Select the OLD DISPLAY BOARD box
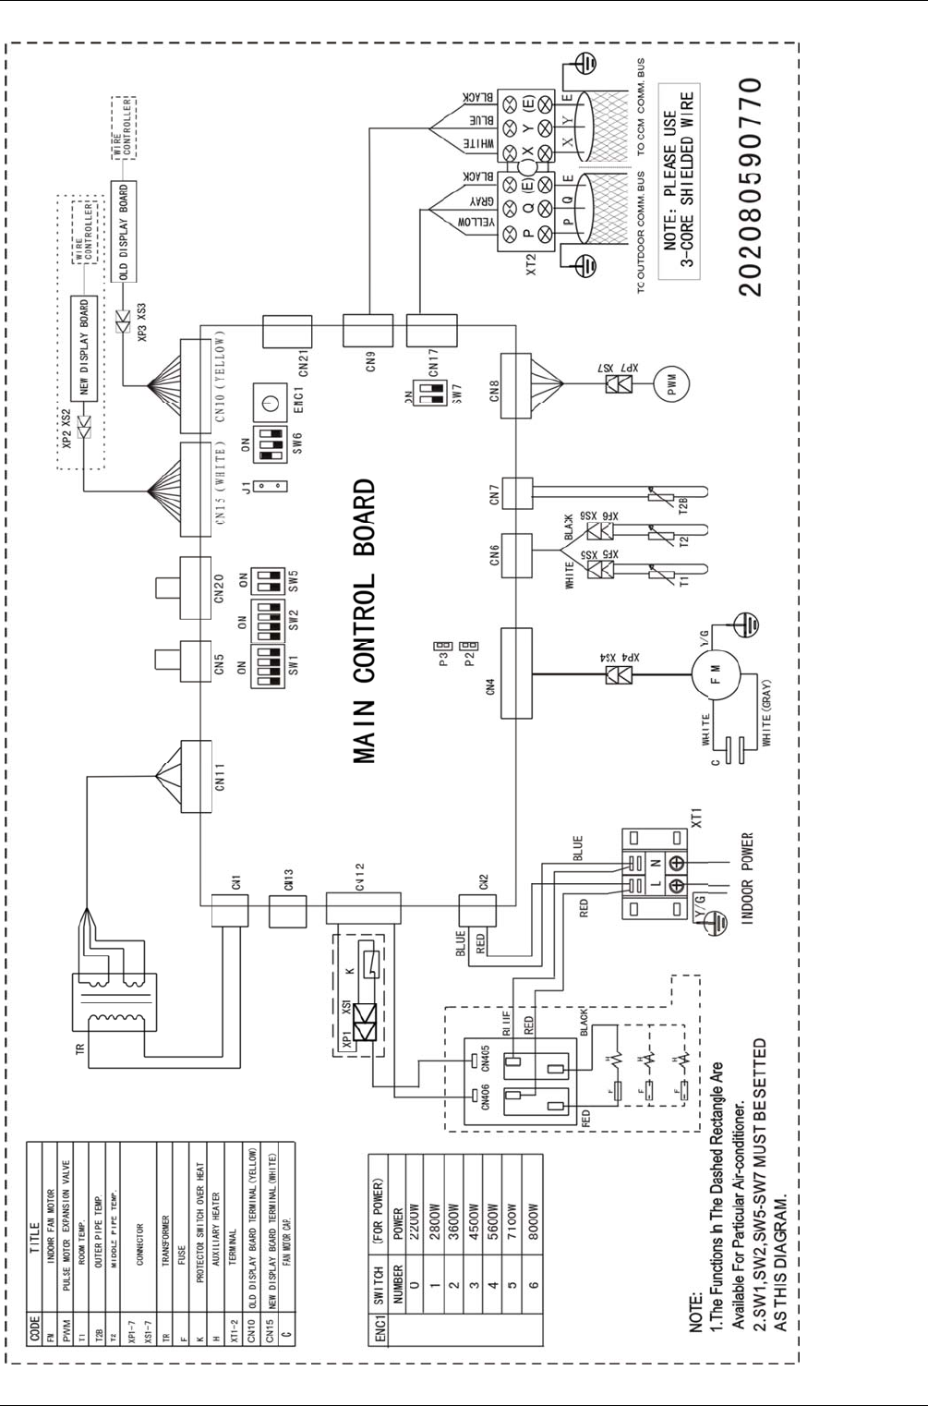point(123,232)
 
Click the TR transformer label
point(79,1048)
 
